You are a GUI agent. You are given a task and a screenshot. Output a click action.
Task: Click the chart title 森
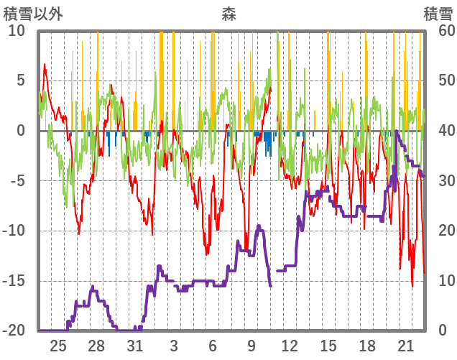point(228,12)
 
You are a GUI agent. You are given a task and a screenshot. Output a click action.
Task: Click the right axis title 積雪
point(437,13)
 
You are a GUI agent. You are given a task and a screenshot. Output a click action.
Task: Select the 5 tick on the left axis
point(21,80)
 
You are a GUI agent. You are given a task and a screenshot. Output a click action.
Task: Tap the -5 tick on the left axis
point(18,180)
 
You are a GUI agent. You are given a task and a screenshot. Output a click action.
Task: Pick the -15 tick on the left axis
point(14,281)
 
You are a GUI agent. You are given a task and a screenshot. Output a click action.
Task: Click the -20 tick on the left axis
point(14,331)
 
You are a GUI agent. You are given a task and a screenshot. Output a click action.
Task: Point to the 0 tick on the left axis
point(21,131)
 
